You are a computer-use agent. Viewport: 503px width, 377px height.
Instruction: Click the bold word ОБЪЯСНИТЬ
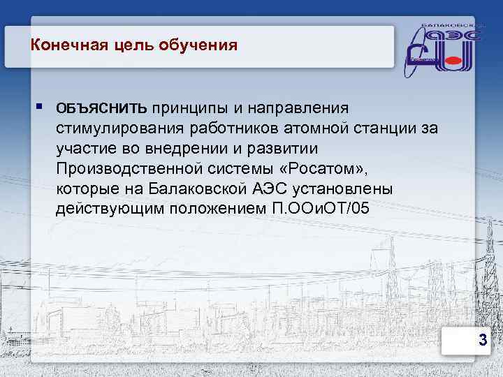[101, 108]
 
